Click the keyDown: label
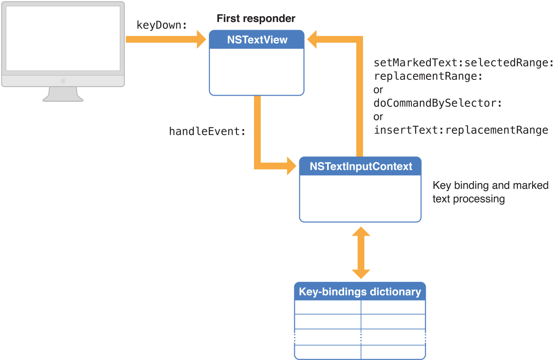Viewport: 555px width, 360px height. (x=162, y=25)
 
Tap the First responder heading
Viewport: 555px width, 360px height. (x=256, y=18)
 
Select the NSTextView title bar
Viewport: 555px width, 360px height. (x=257, y=40)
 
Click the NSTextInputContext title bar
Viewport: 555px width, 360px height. (x=360, y=167)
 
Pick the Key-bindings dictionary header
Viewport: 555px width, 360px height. (x=360, y=292)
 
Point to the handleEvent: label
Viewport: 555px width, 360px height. (x=207, y=132)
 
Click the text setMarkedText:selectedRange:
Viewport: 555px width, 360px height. (x=464, y=63)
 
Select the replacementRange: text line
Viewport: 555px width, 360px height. (x=428, y=76)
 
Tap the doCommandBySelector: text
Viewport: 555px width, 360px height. (x=437, y=103)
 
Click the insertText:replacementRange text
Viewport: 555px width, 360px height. (x=461, y=130)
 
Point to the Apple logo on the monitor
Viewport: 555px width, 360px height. (x=63, y=80)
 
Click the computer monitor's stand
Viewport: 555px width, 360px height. (x=63, y=94)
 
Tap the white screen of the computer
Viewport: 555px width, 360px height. (x=63, y=38)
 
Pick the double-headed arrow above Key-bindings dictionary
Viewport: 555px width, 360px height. (x=361, y=253)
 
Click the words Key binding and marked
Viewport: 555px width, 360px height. (x=490, y=185)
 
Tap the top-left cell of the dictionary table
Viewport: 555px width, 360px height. (x=328, y=307)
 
